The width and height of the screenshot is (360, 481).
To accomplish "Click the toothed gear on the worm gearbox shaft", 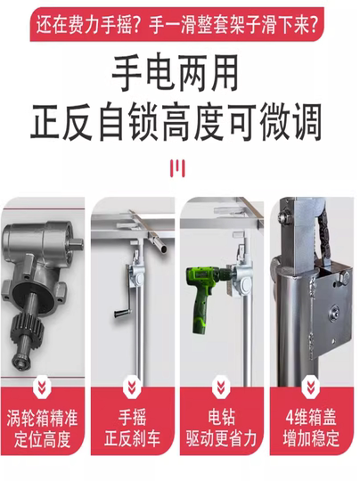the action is tap(29, 327).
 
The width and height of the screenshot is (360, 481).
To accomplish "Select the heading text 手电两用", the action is tap(176, 73).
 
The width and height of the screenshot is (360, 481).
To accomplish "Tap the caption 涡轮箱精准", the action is tap(42, 418).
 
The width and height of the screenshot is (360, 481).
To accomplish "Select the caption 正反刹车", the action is tap(132, 438).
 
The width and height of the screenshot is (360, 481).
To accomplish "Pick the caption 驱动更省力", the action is tap(221, 438).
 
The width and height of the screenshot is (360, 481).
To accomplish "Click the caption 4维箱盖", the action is tap(311, 417).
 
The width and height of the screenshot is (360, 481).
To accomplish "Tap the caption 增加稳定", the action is tap(311, 438).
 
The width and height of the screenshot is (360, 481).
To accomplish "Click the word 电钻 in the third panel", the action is tap(221, 417).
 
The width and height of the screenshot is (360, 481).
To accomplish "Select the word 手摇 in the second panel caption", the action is tap(132, 417).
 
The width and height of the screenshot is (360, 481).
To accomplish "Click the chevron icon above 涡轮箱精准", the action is tap(43, 388).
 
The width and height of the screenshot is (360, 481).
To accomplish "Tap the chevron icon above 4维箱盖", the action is tap(311, 387).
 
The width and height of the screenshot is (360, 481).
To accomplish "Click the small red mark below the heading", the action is tap(177, 168).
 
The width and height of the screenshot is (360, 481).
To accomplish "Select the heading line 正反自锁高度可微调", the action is tap(176, 122).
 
